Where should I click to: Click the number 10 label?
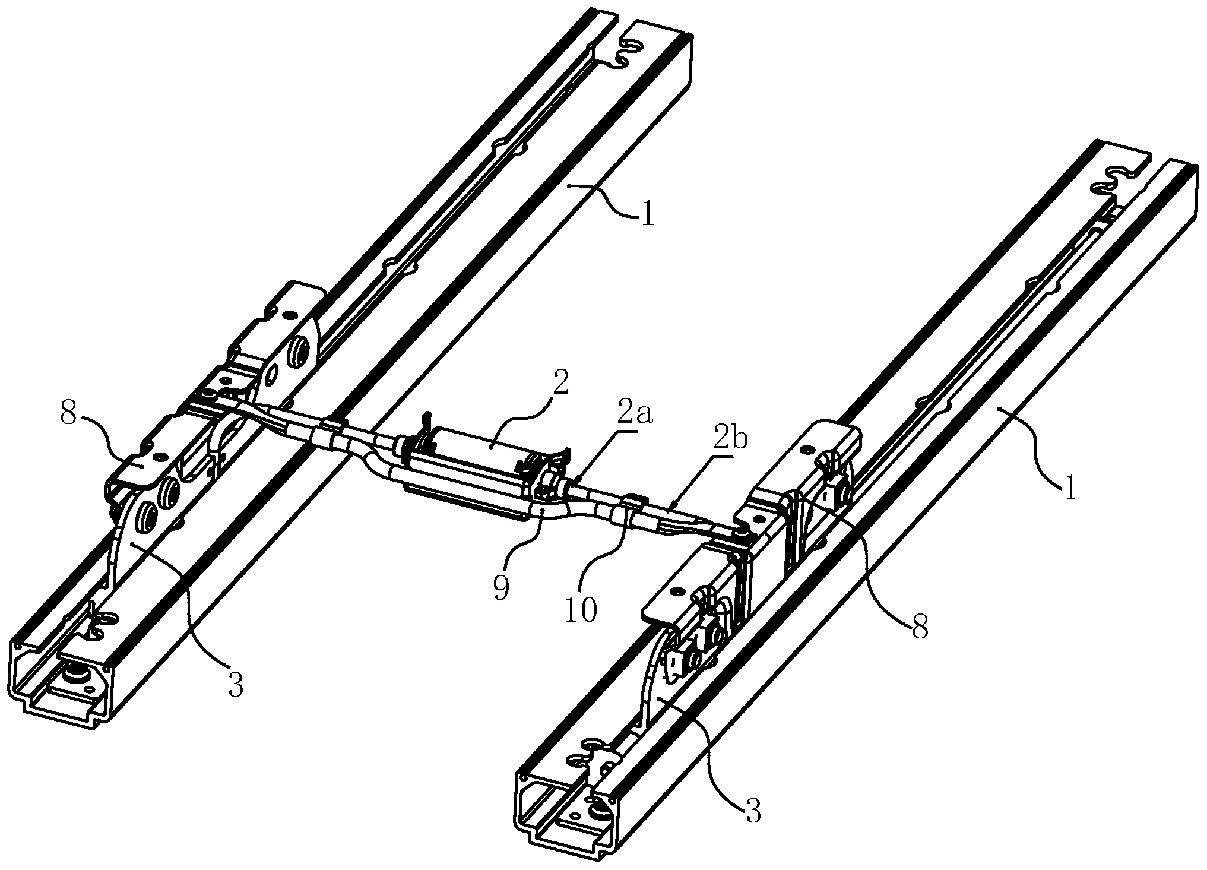pos(581,609)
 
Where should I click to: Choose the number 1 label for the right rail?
pos(1069,488)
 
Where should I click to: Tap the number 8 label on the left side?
pos(68,415)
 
